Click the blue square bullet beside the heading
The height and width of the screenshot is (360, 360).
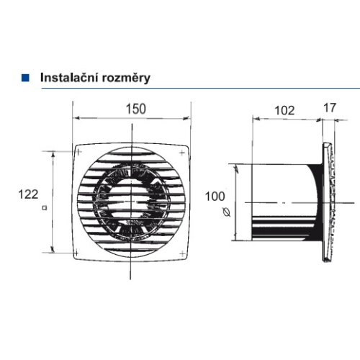click(26, 76)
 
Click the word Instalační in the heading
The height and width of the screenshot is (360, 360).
click(66, 76)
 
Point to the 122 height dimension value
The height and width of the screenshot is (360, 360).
click(28, 194)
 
